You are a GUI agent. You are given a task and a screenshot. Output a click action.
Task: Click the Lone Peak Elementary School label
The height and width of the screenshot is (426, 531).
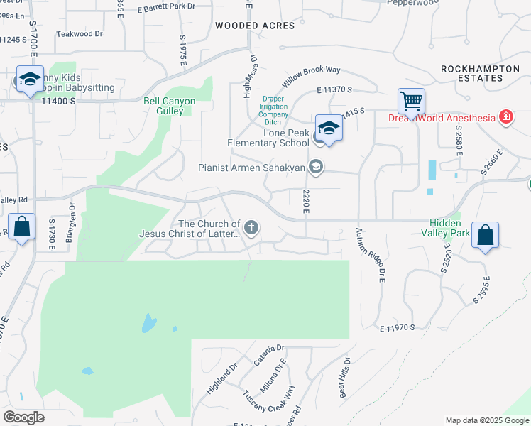click(268, 138)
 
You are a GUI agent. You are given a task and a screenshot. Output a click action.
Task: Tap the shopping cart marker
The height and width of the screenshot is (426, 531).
click(411, 102)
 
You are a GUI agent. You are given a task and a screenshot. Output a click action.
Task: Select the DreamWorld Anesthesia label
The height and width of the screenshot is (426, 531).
click(441, 117)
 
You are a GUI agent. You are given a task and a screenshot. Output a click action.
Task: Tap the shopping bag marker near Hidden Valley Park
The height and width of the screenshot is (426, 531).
click(485, 236)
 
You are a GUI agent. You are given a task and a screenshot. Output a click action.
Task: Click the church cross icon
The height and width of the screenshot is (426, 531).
click(250, 227)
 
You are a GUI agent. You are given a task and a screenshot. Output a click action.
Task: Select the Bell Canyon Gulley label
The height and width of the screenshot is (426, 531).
click(170, 106)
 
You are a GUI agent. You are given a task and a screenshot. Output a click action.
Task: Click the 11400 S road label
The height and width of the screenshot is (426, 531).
click(58, 102)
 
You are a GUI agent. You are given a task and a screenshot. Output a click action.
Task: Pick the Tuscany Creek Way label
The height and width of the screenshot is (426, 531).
click(268, 403)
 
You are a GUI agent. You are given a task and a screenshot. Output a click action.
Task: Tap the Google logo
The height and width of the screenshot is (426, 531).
click(23, 417)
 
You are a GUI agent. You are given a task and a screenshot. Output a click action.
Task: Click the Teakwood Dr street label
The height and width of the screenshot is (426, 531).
click(80, 33)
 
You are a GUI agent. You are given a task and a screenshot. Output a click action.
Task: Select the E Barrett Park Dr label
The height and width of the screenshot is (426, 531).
click(166, 7)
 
